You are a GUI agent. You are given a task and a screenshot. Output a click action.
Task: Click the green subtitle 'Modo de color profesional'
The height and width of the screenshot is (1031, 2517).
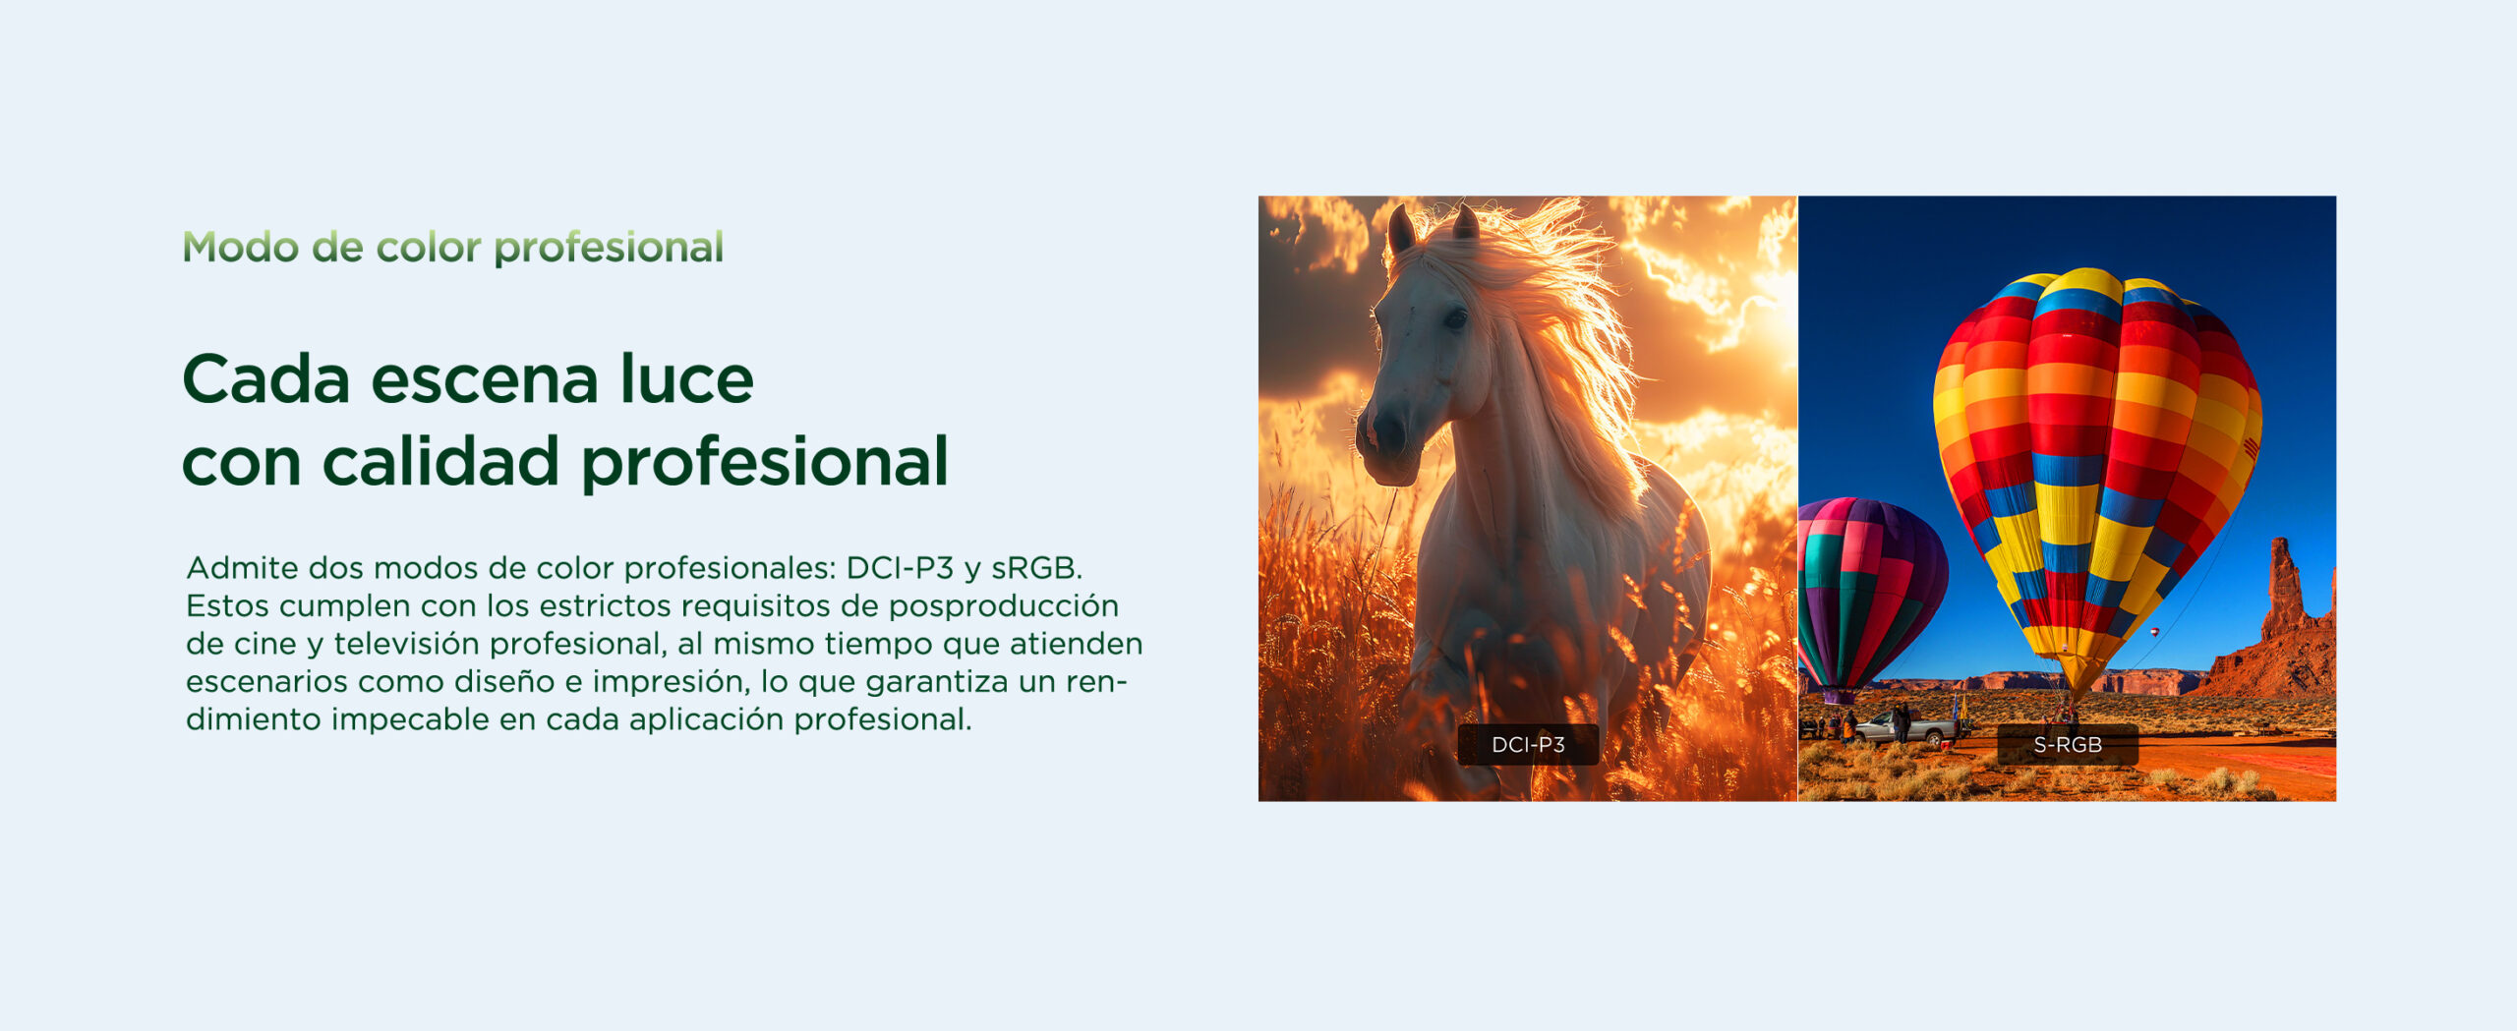[x=453, y=248]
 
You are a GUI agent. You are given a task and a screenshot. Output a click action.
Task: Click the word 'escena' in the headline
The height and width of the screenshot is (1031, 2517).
[x=484, y=379]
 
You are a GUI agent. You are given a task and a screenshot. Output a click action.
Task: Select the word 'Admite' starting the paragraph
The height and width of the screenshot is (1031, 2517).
[x=242, y=568]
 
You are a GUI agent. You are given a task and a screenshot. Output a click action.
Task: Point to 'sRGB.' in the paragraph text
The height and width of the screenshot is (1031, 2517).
[x=1036, y=568]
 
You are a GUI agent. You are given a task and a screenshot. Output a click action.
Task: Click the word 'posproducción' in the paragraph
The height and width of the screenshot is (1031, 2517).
[x=1004, y=606]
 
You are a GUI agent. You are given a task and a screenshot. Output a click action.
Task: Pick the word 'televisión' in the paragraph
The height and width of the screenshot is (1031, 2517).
[x=406, y=644]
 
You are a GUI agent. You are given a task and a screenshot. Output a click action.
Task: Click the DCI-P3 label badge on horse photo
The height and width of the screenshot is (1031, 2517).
[x=1528, y=745]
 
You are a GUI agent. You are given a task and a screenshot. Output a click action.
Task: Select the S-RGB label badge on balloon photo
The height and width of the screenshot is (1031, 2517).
[x=2068, y=745]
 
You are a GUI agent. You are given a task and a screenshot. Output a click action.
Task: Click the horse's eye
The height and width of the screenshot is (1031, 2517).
[x=1455, y=318]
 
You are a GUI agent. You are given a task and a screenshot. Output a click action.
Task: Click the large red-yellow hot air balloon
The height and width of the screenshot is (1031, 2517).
[x=2097, y=462]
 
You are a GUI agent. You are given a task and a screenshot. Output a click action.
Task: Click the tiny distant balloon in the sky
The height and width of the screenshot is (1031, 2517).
[x=2153, y=633]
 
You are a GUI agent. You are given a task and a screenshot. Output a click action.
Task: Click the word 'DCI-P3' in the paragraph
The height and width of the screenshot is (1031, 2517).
[x=900, y=568]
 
